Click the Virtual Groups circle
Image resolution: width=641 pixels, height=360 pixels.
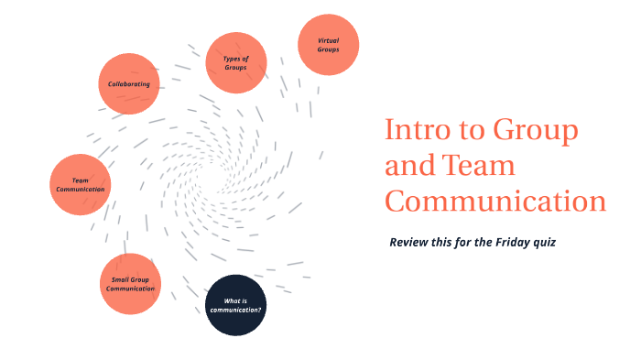tap(328, 45)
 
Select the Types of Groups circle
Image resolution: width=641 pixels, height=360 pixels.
tap(235, 62)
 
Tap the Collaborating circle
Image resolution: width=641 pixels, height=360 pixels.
tap(128, 83)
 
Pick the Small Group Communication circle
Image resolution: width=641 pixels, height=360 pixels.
tap(130, 283)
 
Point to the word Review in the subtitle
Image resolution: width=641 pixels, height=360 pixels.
tap(409, 243)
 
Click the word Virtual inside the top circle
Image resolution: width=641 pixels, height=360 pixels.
tap(328, 40)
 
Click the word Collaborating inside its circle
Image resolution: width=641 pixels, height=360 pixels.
tap(128, 83)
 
